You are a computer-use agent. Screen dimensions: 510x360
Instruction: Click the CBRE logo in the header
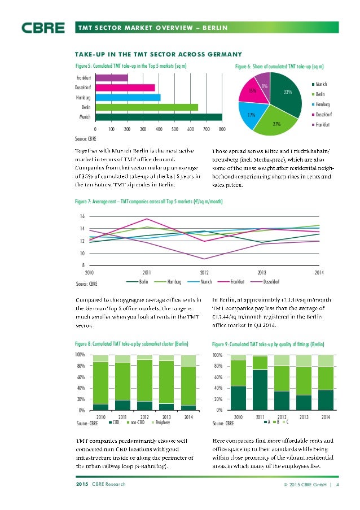click(x=43, y=27)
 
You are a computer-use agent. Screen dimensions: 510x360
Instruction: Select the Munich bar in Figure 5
click(x=159, y=116)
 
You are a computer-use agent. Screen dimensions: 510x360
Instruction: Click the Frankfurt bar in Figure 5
click(x=112, y=77)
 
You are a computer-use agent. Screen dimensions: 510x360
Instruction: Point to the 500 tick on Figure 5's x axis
click(x=174, y=129)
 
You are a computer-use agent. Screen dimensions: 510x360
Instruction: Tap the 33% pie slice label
click(x=287, y=91)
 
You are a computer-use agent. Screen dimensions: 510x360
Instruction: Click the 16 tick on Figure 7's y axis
click(x=81, y=217)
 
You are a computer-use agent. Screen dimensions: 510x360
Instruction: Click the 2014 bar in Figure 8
click(x=188, y=382)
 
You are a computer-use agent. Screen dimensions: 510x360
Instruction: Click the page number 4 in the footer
click(x=337, y=485)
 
